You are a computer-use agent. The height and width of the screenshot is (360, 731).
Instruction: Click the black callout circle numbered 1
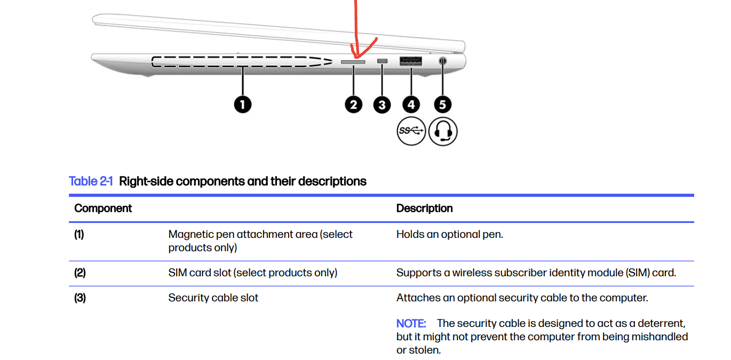[242, 105]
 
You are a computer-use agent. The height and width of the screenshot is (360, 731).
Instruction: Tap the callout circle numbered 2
[353, 105]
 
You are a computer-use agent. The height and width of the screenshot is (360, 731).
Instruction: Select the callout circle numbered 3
[382, 105]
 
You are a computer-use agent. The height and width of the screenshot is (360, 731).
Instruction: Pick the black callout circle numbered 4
[411, 105]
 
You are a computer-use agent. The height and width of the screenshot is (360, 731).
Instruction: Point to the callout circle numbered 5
[442, 105]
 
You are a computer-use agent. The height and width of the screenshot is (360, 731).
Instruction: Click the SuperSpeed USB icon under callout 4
[411, 131]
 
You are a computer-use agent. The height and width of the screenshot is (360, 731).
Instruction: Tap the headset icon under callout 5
[443, 131]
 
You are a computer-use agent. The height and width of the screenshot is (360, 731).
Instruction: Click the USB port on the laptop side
[411, 61]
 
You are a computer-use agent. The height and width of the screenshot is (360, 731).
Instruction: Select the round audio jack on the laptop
[442, 61]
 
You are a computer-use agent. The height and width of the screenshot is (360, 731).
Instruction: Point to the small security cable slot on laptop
[382, 61]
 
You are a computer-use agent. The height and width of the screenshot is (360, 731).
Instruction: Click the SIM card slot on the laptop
[353, 62]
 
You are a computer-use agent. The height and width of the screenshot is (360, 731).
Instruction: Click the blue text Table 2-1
[91, 181]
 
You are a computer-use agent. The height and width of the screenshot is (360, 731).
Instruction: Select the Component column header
[103, 209]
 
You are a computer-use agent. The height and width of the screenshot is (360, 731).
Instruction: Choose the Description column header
[424, 209]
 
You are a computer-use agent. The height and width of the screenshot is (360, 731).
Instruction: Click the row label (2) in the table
[80, 273]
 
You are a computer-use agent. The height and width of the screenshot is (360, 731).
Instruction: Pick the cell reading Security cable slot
[213, 298]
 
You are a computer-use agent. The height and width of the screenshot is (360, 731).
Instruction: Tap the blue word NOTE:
[410, 324]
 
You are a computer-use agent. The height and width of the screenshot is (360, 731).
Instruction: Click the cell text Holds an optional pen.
[449, 235]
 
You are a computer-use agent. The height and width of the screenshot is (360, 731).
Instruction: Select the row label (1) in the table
[79, 235]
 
